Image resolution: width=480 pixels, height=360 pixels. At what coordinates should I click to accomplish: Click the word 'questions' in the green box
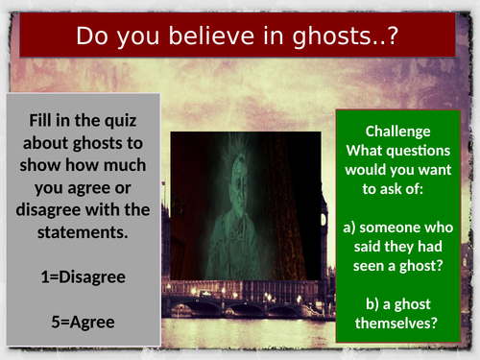click(419, 151)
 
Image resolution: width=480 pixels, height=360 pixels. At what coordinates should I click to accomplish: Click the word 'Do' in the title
click(91, 37)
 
